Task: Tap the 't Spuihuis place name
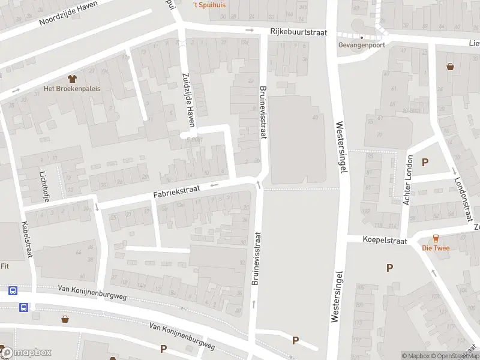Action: coord(209,5)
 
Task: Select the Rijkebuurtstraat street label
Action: coord(298,32)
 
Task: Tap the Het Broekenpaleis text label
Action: coord(72,88)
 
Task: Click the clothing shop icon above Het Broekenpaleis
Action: coord(72,78)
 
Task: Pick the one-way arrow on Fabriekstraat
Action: coord(214,185)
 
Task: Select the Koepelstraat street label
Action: coord(385,239)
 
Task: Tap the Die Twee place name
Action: coord(436,248)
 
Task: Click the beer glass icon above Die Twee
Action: coord(436,238)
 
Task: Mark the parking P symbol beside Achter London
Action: coord(425,162)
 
